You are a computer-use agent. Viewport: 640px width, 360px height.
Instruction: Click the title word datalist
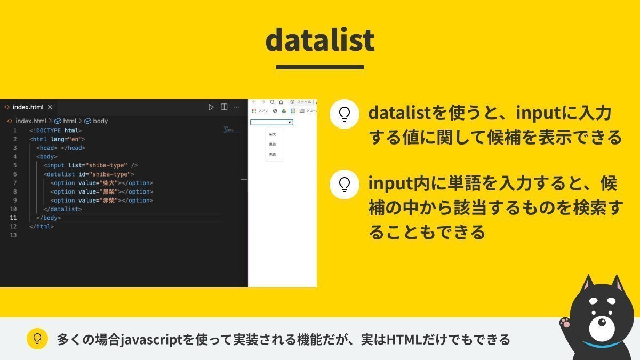[319, 39]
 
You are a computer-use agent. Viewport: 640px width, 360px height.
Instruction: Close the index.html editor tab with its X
[50, 107]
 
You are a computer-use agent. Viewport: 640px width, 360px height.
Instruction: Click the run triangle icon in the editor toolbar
[211, 107]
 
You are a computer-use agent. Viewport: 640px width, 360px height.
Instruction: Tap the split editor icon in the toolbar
[224, 107]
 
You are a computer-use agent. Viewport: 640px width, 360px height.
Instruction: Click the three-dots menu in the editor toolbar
[236, 107]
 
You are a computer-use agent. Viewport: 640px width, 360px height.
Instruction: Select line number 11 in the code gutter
[13, 218]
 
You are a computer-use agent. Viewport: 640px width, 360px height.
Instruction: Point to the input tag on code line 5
[55, 165]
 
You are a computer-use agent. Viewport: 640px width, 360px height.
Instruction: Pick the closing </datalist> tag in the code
[62, 209]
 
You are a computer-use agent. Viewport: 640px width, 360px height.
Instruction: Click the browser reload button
[272, 102]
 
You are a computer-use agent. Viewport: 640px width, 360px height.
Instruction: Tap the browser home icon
[281, 102]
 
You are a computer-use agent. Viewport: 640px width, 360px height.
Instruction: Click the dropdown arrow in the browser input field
[290, 123]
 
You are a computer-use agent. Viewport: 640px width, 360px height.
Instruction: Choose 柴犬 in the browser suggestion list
[273, 134]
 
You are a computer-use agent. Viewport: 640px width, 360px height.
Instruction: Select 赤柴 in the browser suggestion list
[273, 154]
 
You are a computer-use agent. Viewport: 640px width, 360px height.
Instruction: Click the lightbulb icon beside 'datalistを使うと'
[344, 114]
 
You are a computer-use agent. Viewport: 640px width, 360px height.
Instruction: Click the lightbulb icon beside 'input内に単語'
[344, 185]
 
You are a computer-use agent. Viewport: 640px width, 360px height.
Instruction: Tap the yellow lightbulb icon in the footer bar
[37, 339]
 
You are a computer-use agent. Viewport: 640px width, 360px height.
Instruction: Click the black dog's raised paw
[564, 323]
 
